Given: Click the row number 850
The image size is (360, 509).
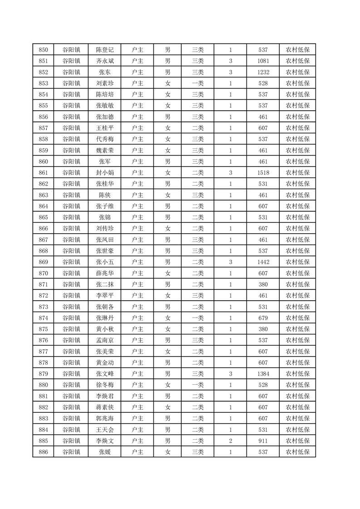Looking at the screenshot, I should pyautogui.click(x=43, y=50).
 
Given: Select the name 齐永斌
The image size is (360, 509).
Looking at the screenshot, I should pyautogui.click(x=105, y=61).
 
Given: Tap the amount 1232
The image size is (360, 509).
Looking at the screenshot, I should pyautogui.click(x=263, y=72).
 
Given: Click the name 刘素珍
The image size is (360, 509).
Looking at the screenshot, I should pyautogui.click(x=105, y=83).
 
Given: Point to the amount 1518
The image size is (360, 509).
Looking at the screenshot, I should pyautogui.click(x=263, y=172).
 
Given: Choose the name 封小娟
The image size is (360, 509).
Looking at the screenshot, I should pyautogui.click(x=105, y=172).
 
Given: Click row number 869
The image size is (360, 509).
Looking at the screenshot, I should pyautogui.click(x=43, y=262).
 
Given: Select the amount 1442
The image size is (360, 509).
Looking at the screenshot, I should pyautogui.click(x=263, y=262).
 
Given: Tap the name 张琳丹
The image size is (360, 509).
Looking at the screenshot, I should pyautogui.click(x=105, y=318).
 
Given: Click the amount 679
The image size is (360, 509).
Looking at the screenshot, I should pyautogui.click(x=263, y=318).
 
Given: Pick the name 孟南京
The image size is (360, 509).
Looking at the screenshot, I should pyautogui.click(x=105, y=340).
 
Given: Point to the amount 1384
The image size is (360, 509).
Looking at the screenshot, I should pyautogui.click(x=263, y=373).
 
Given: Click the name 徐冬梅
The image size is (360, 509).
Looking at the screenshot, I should pyautogui.click(x=105, y=385).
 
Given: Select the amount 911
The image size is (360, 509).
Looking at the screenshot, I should pyautogui.click(x=263, y=440).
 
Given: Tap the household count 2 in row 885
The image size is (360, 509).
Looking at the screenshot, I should pyautogui.click(x=231, y=440).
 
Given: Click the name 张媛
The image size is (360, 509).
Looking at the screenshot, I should pyautogui.click(x=105, y=452).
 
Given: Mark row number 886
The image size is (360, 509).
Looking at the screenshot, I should pyautogui.click(x=43, y=452).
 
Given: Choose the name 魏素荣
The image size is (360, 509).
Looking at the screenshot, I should pyautogui.click(x=105, y=150).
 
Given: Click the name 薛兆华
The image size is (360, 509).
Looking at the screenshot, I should pyautogui.click(x=105, y=273).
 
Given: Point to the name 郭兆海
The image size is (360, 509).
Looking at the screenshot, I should pyautogui.click(x=105, y=418).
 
